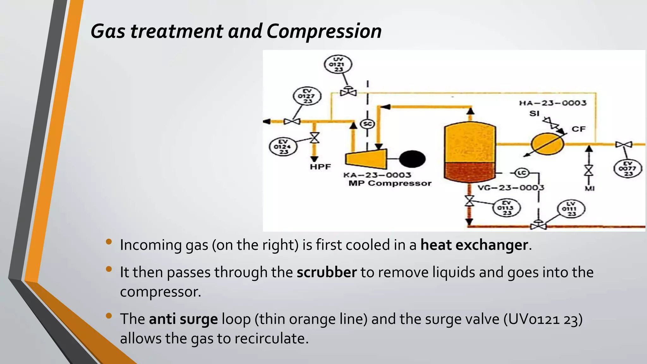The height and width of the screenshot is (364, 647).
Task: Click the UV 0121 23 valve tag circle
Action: point(338,64)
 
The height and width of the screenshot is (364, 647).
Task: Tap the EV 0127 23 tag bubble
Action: point(307,96)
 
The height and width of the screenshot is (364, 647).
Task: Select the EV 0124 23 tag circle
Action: point(283,147)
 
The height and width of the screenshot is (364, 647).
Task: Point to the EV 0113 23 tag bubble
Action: point(507,208)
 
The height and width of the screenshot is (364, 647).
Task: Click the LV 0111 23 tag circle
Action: point(571,209)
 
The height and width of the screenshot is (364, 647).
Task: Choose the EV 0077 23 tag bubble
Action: point(628,169)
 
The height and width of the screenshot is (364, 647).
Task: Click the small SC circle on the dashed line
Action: point(367,124)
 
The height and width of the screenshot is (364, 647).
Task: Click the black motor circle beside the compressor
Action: point(412,159)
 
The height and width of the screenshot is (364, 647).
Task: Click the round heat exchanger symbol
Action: point(547,144)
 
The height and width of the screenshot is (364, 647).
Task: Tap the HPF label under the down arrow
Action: point(320,167)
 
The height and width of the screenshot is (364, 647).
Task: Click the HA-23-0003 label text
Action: point(553,103)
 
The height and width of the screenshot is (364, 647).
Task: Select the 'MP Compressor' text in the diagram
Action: point(390,184)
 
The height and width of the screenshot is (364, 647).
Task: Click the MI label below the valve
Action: point(590,189)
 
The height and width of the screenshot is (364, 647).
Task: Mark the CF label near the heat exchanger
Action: point(578,129)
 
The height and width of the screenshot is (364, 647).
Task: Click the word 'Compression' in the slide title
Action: point(324,31)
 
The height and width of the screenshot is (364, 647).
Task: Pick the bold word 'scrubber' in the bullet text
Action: point(327,272)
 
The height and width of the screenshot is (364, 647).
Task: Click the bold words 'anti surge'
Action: point(183,319)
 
